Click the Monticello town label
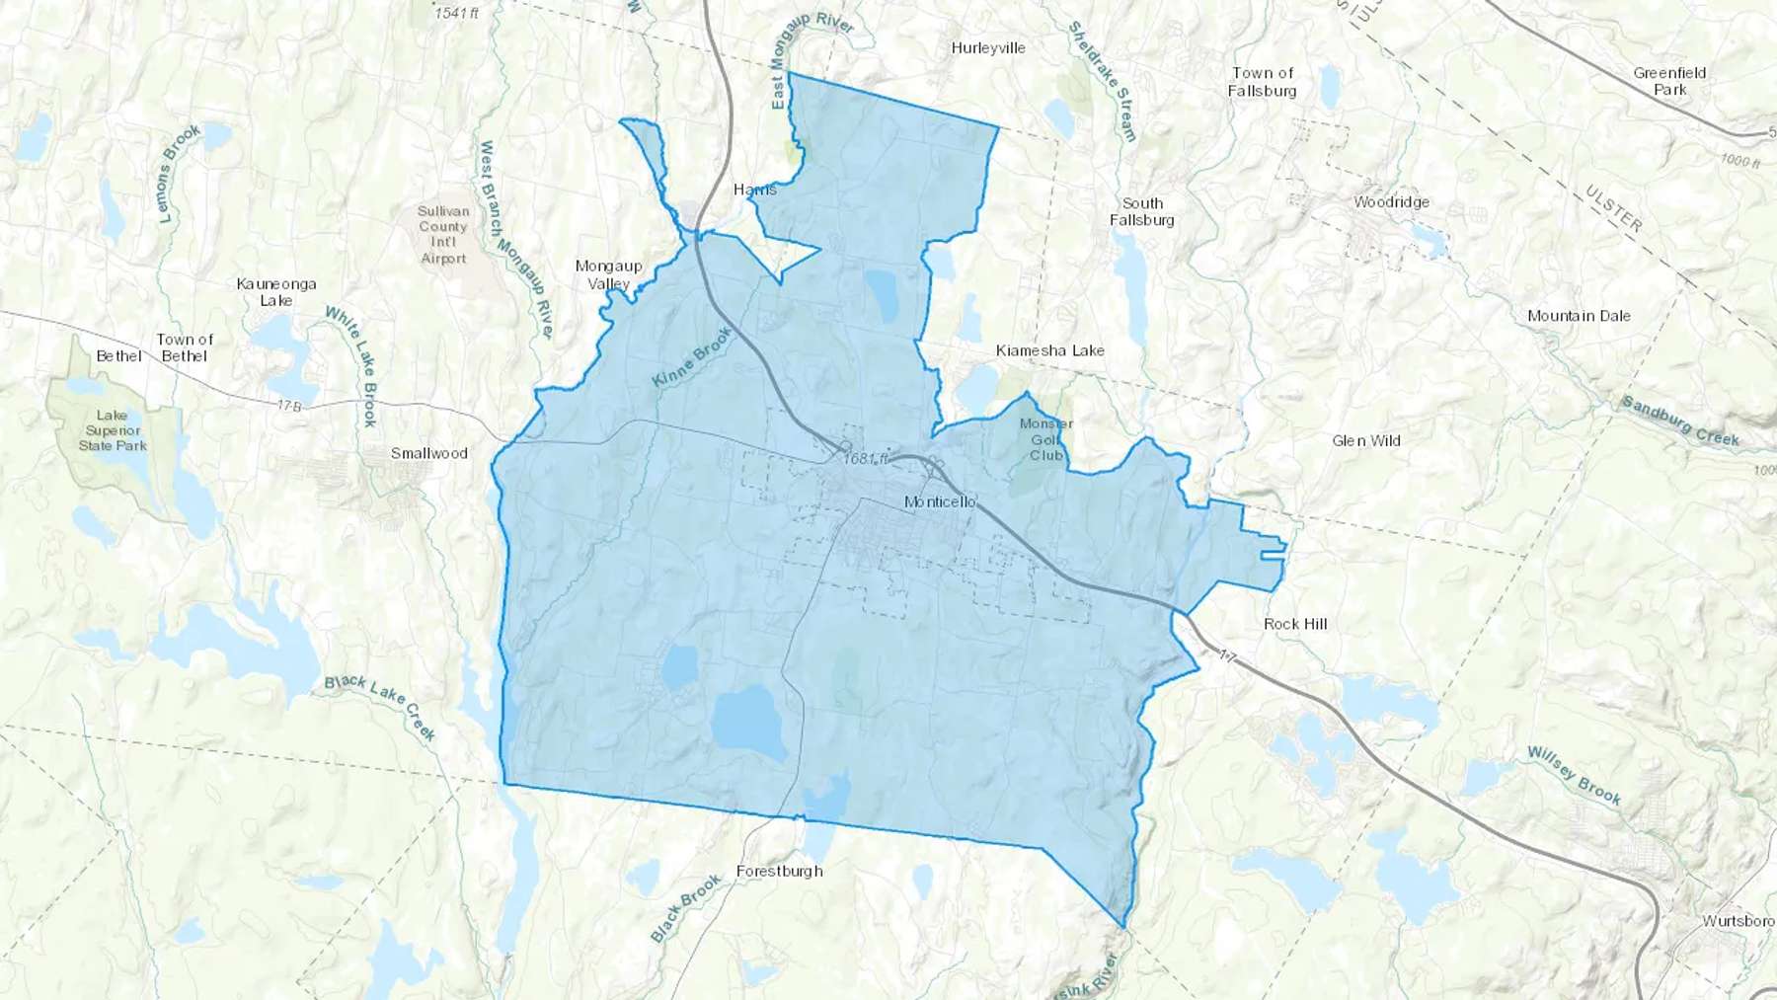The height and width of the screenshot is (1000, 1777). pyautogui.click(x=940, y=501)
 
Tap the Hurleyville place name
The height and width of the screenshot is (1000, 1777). pyautogui.click(x=988, y=47)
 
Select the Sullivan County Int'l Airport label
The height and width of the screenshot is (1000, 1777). pyautogui.click(x=443, y=235)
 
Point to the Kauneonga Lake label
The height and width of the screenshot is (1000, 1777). pyautogui.click(x=276, y=292)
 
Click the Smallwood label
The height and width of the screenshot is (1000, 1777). pyautogui.click(x=428, y=453)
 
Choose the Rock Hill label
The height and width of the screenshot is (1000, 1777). pyautogui.click(x=1295, y=624)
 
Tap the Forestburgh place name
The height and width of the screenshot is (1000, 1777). pyautogui.click(x=780, y=871)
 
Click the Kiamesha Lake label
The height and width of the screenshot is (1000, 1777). pyautogui.click(x=1049, y=350)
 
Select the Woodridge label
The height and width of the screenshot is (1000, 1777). pyautogui.click(x=1391, y=202)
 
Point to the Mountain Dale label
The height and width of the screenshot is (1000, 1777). pyautogui.click(x=1579, y=316)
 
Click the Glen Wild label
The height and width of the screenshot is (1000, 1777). pyautogui.click(x=1366, y=440)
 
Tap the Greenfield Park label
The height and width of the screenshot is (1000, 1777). pyautogui.click(x=1669, y=81)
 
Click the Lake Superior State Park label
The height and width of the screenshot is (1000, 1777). pyautogui.click(x=113, y=430)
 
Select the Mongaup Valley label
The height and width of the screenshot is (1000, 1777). pyautogui.click(x=609, y=274)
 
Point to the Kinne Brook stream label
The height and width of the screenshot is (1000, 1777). pyautogui.click(x=692, y=356)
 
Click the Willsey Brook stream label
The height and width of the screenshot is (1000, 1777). pyautogui.click(x=1574, y=776)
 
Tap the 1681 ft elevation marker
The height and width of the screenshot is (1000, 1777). pyautogui.click(x=866, y=458)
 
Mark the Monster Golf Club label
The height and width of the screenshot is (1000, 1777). pyautogui.click(x=1046, y=439)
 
